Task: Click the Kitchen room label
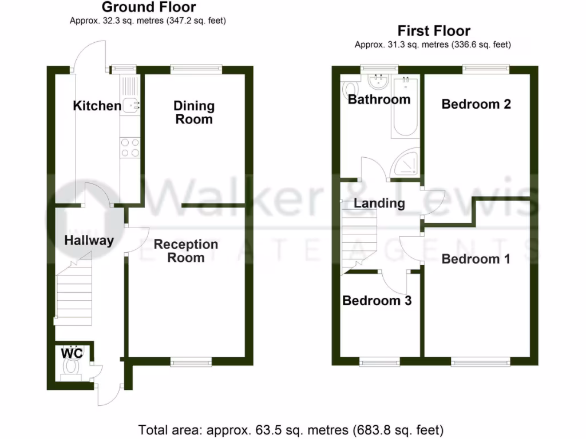97,106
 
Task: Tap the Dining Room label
194,112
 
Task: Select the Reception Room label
186,251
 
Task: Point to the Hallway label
89,241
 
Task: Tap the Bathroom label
379,99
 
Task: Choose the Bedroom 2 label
476,104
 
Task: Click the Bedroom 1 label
476,259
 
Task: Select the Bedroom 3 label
377,301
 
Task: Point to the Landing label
379,203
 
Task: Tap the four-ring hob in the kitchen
129,147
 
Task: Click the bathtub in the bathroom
405,107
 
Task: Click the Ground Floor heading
148,7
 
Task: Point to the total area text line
291,429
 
